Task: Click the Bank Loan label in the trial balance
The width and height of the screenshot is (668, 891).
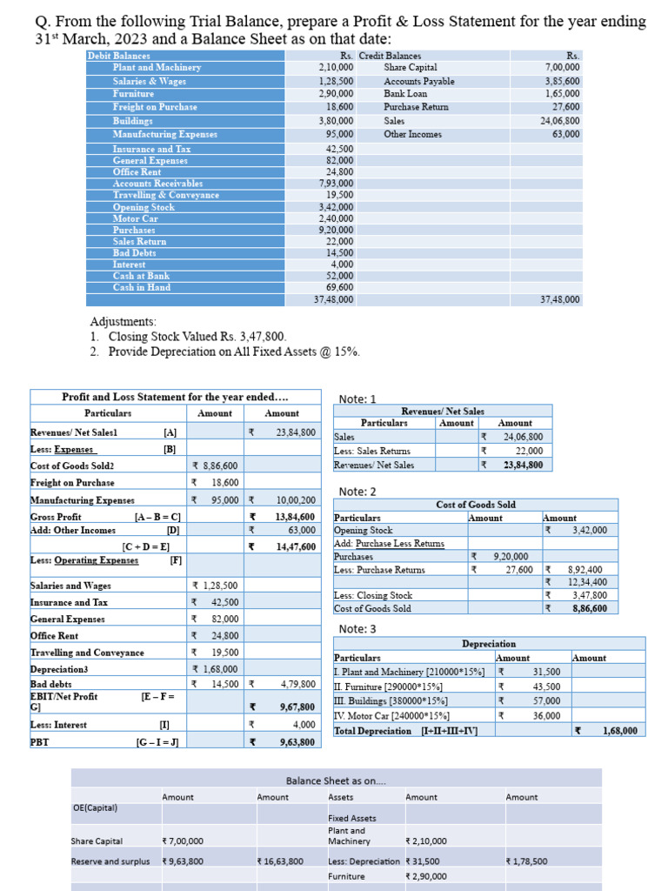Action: tap(405, 93)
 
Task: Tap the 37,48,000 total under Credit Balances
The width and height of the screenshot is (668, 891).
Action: tap(560, 299)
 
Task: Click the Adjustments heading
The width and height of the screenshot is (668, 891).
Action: tap(124, 321)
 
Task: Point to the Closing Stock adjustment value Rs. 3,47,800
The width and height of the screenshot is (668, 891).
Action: tap(253, 337)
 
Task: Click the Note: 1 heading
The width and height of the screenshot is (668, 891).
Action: tap(357, 399)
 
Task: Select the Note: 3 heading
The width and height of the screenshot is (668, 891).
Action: tap(357, 629)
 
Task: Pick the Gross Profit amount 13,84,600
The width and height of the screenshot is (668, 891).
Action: tap(295, 517)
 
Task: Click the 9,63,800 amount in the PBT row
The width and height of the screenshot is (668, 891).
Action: tap(297, 742)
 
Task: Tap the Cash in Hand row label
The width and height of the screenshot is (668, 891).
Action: tap(142, 287)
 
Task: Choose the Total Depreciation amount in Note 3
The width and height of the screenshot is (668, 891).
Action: tap(618, 731)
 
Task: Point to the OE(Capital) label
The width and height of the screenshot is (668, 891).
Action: tap(95, 807)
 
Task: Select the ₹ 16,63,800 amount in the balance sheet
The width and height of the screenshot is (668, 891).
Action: tap(280, 861)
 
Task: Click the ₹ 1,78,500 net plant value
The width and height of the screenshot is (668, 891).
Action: tap(526, 861)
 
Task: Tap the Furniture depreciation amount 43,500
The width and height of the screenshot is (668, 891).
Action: tap(546, 687)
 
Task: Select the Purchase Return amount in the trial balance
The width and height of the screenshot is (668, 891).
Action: tap(566, 107)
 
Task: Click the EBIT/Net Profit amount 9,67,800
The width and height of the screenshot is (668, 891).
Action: tap(297, 707)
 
